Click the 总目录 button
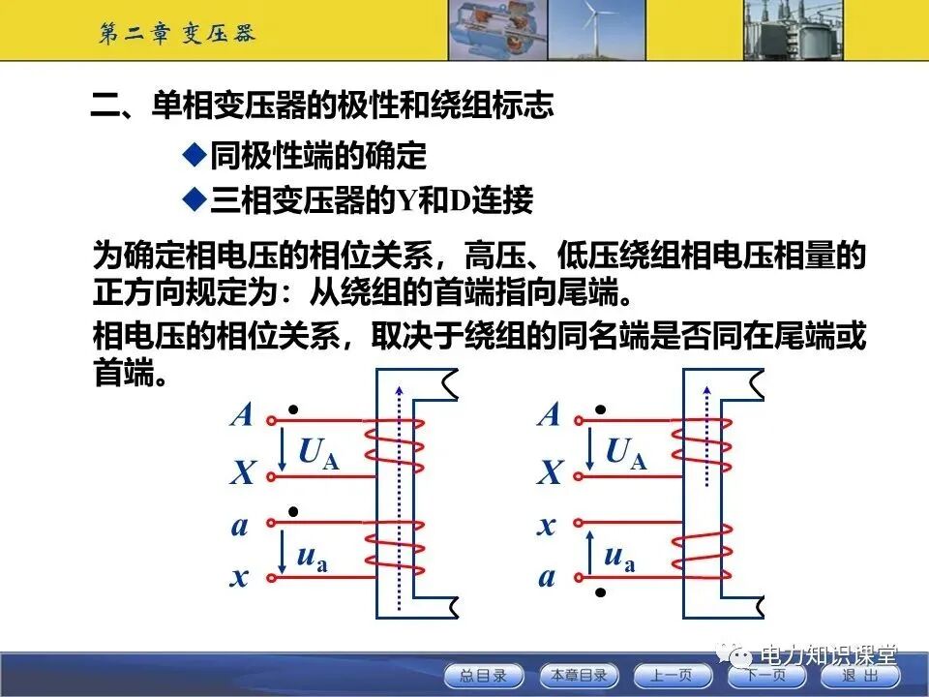coord(483,675)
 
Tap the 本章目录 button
coord(578,675)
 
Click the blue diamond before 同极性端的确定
coord(195,154)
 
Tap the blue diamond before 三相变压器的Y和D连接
coord(195,199)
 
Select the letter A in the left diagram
coord(242,416)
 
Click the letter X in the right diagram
coord(550,473)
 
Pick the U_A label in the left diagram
coord(318,452)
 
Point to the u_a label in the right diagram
coord(618,557)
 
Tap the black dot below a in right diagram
coord(600,591)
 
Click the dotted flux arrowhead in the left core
coord(399,390)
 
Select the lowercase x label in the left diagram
coord(240,578)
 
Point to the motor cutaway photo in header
coord(493,29)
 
